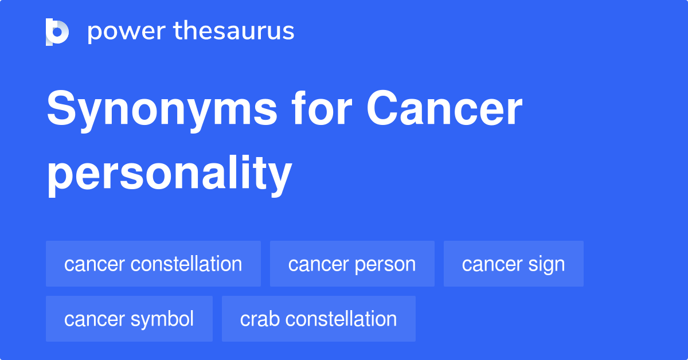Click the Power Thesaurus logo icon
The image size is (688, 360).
[57, 32]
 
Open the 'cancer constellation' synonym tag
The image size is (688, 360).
[153, 264]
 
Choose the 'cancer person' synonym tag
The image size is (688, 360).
[352, 264]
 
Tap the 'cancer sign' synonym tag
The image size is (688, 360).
[513, 264]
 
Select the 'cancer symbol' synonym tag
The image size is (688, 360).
[129, 319]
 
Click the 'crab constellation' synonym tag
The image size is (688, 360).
[318, 319]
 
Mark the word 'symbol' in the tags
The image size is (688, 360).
[162, 319]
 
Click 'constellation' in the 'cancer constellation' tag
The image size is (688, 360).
[186, 264]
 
